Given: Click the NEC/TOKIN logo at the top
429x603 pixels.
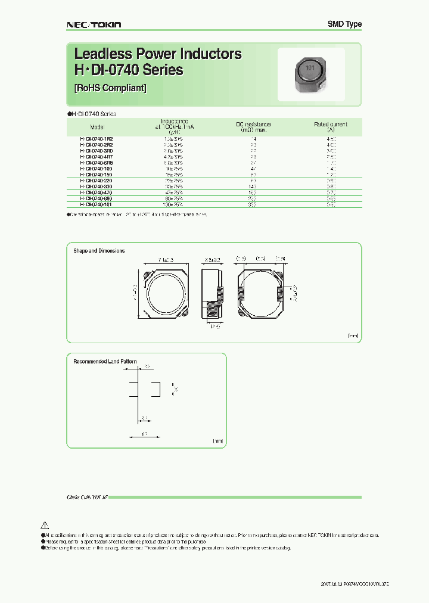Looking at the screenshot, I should [92, 24].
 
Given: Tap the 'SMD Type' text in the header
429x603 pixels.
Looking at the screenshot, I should [344, 24].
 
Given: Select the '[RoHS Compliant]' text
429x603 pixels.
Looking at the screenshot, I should [110, 88].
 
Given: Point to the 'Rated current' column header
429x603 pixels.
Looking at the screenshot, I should [331, 125].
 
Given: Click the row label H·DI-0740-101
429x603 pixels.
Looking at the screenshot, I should [96, 204].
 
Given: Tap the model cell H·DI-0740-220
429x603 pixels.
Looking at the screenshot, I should [96, 180].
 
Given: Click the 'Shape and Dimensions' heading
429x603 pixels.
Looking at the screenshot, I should [99, 251].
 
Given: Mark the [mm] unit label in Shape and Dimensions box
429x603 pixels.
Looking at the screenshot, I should [353, 336].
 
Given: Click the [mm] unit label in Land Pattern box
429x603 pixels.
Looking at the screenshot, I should [217, 440].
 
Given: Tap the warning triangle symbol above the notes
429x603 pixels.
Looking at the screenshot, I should [44, 525].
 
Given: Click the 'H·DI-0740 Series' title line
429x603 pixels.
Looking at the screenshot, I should [128, 70].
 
